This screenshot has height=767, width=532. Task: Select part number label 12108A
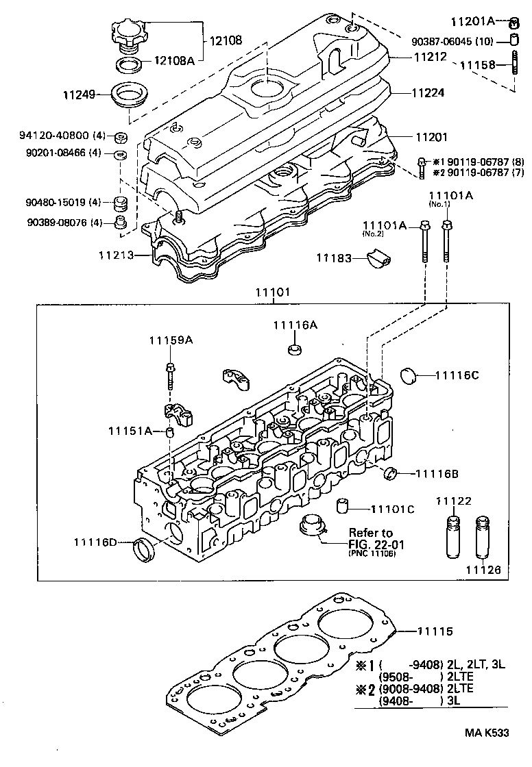click(174, 61)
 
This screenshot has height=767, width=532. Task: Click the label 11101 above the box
click(273, 292)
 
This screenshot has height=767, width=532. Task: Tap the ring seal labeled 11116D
click(144, 548)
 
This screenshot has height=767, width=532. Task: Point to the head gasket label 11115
click(435, 631)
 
